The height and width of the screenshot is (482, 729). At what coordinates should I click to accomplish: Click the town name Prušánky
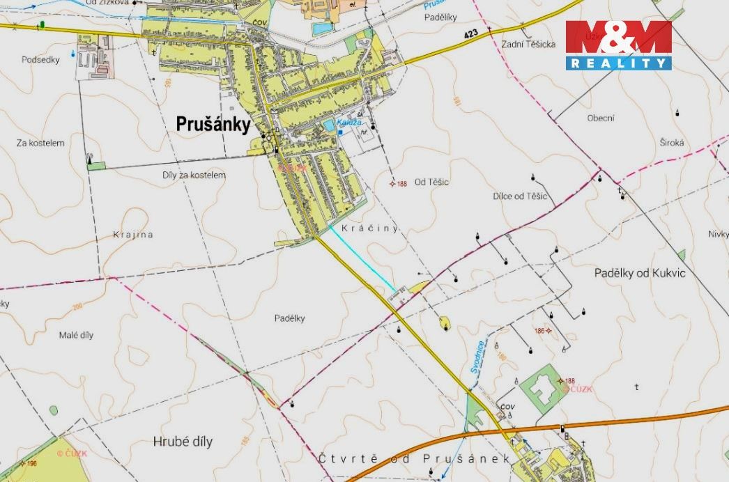pyautogui.click(x=213, y=123)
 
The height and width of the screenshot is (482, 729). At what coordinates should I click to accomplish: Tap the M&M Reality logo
pyautogui.click(x=618, y=45)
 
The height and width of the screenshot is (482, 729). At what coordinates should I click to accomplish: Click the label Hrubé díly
pyautogui.click(x=182, y=442)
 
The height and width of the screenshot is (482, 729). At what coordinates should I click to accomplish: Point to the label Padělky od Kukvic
pyautogui.click(x=640, y=273)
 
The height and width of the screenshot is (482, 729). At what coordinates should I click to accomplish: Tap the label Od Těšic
pyautogui.click(x=431, y=182)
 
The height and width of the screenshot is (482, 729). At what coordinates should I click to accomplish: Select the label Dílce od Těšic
pyautogui.click(x=520, y=196)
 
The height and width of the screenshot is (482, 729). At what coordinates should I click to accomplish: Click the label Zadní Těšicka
pyautogui.click(x=528, y=45)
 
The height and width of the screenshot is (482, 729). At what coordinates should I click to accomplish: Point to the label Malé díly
pyautogui.click(x=77, y=334)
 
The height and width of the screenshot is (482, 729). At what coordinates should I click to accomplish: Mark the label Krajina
pyautogui.click(x=132, y=235)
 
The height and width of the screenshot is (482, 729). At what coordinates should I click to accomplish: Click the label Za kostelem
pyautogui.click(x=40, y=143)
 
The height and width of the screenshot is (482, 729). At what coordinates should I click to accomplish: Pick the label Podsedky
pyautogui.click(x=41, y=60)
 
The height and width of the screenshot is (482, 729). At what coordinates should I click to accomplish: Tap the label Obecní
pyautogui.click(x=601, y=118)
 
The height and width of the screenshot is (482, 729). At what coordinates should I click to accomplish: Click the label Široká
pyautogui.click(x=672, y=143)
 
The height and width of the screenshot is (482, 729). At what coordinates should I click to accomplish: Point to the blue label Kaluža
pyautogui.click(x=347, y=123)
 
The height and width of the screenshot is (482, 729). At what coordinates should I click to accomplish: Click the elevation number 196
pyautogui.click(x=31, y=463)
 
